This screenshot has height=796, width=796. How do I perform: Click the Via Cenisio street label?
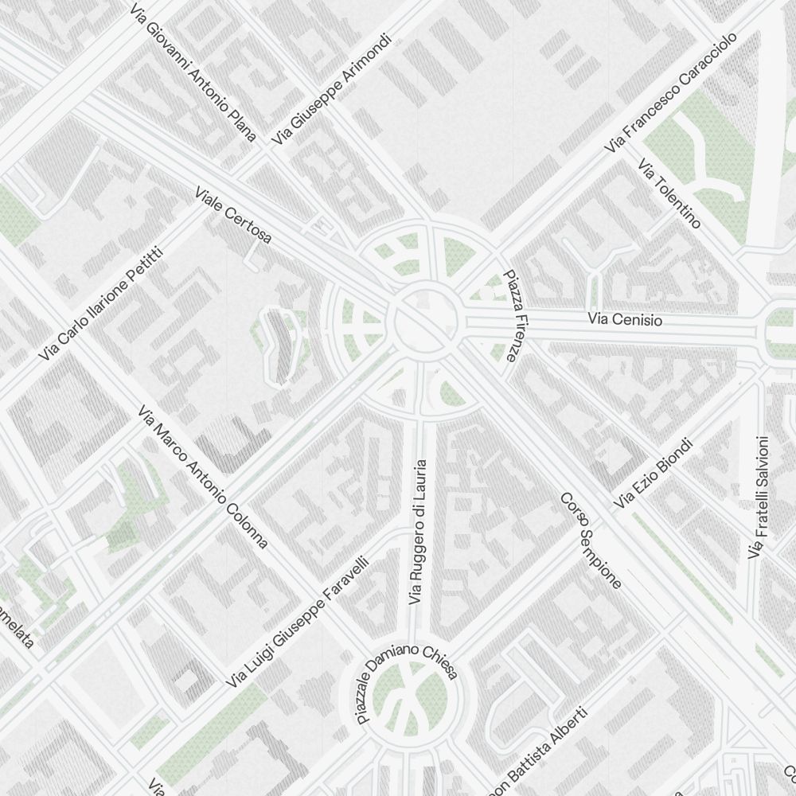pos(625,320)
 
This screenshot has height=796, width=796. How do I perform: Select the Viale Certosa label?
pos(233,215)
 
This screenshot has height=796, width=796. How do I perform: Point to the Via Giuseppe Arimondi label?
pos(332,89)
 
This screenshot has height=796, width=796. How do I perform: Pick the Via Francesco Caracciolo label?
pos(671,93)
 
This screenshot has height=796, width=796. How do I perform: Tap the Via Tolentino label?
pos(669,193)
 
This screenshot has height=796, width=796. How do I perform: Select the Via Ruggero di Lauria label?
pos(418,531)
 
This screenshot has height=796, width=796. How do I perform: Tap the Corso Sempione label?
pos(591,540)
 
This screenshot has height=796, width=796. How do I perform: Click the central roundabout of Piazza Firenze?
pos(426,322)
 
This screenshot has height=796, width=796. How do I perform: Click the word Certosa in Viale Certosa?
pos(248,225)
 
